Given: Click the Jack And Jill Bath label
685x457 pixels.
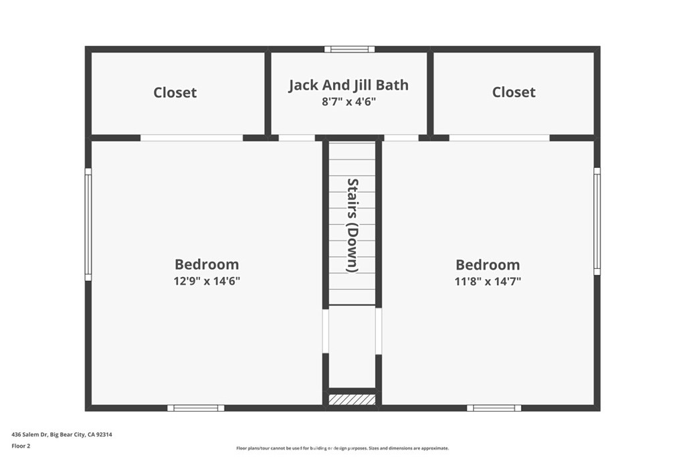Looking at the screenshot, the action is tap(349, 85).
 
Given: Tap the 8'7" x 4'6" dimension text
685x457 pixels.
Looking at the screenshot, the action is tap(349, 102).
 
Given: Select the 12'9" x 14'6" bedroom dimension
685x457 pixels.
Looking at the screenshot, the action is tap(207, 281).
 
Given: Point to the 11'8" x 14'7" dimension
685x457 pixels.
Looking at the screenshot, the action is tap(488, 282).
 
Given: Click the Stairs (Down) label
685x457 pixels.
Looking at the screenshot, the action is tap(353, 225).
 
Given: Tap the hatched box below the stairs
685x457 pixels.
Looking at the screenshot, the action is tap(352, 399).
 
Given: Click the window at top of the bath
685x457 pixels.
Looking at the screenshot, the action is tap(349, 50).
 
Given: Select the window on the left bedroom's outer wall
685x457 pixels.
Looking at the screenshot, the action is tap(88, 224).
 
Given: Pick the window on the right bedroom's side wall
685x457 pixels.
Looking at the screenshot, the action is tap(597, 221).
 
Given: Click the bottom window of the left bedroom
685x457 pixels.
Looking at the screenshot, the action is tap(196, 408).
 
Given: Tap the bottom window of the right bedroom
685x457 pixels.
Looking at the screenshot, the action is tap(494, 408).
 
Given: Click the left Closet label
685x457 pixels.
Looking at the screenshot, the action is tap(175, 92).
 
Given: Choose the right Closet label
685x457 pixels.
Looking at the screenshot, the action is tap(514, 92).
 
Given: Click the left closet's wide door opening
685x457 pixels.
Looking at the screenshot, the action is tap(191, 138).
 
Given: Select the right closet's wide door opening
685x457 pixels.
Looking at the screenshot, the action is tap(499, 138).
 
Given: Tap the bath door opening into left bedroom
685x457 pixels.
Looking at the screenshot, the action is tap(296, 138).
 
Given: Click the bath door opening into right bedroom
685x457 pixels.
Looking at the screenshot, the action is tap(401, 138).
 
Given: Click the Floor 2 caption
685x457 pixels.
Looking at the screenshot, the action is tap(21, 446).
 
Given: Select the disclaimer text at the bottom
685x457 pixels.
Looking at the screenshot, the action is tap(342, 448).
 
